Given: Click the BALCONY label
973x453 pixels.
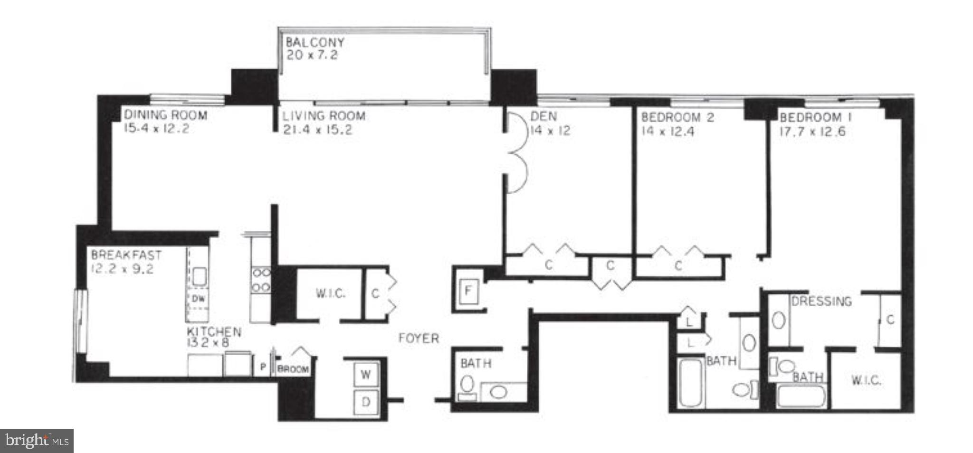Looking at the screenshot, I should click(315, 42).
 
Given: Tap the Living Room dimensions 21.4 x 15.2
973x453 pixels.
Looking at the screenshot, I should click(317, 130).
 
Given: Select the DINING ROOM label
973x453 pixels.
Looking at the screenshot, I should click(165, 115).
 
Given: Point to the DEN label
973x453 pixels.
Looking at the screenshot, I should click(544, 116).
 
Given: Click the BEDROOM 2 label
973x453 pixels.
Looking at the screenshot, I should click(677, 117).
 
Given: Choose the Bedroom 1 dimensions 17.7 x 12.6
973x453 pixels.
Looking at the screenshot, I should click(812, 132).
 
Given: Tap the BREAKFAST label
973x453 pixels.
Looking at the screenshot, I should click(126, 255).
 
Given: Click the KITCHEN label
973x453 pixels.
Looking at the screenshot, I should click(214, 331).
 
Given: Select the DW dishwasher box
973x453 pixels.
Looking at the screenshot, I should click(198, 298).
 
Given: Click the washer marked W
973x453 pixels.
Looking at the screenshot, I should click(365, 375).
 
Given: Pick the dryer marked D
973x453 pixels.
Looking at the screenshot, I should click(365, 402).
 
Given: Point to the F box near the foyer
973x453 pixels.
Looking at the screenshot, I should click(468, 290).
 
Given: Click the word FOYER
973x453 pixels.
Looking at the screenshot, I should click(419, 338).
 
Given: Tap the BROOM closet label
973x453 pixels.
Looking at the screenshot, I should click(293, 369).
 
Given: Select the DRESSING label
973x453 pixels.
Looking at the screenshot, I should click(821, 301).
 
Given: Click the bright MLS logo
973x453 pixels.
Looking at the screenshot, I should click(37, 441).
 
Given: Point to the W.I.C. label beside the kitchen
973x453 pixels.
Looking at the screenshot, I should click(330, 293).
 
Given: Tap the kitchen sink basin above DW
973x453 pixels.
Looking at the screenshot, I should click(199, 276).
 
